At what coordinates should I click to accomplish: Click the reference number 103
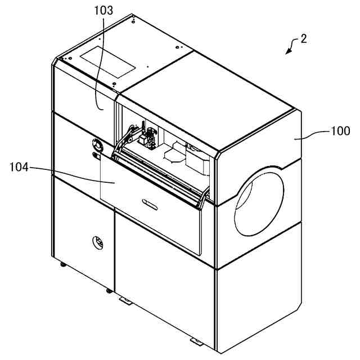104,10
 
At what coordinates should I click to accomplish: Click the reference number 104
21,167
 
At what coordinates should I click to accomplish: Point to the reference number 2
303,39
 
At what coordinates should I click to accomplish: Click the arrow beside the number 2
291,47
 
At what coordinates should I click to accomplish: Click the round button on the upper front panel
97,146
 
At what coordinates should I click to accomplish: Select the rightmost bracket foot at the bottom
197,341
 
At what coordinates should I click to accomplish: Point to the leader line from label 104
73,175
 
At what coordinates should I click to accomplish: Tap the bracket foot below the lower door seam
127,301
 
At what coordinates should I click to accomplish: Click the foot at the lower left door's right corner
107,290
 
